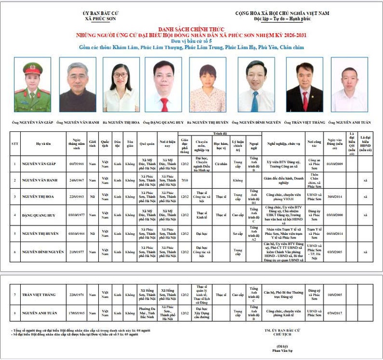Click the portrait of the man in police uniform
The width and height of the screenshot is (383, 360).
[32, 85]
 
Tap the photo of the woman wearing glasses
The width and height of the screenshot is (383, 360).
[121, 85]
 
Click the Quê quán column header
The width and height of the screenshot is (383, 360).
[148, 143]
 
